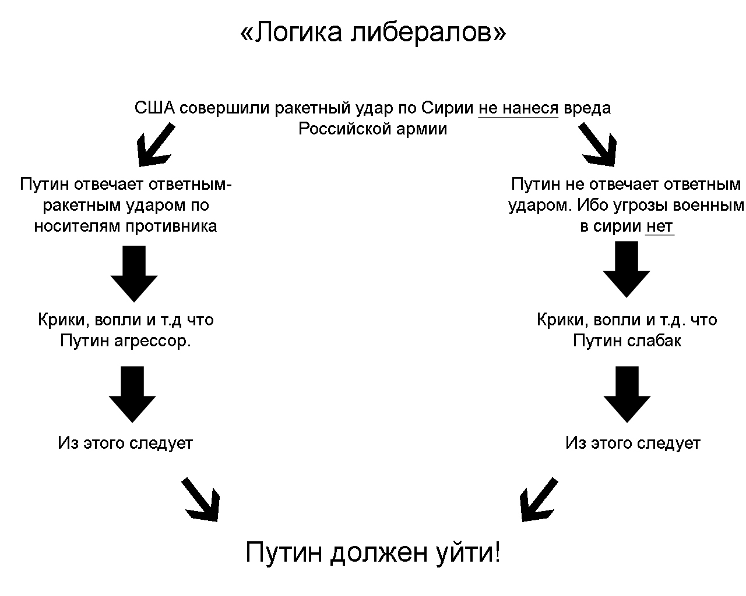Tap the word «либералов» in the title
pyautogui.click(x=428, y=33)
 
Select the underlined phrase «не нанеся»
pyautogui.click(x=518, y=108)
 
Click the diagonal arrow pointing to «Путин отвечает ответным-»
pyautogui.click(x=154, y=143)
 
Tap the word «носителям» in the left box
pyautogui.click(x=78, y=226)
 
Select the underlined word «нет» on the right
pyautogui.click(x=659, y=226)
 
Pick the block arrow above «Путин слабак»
pyautogui.click(x=627, y=269)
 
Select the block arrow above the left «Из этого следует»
pyautogui.click(x=132, y=393)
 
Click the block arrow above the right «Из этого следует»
pyautogui.click(x=627, y=393)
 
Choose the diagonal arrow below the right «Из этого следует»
pyautogui.click(x=537, y=499)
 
